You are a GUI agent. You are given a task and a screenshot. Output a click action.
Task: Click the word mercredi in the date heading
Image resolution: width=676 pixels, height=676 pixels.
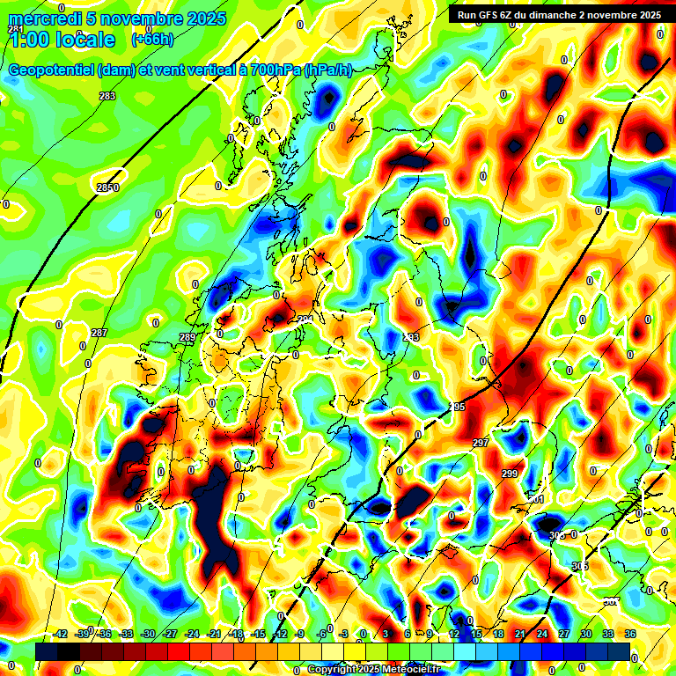(41, 18)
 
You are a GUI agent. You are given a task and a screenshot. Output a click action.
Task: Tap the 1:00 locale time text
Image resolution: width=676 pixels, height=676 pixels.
(62, 40)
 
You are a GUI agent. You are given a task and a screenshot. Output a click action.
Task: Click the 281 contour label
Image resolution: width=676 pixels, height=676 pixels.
(16, 29)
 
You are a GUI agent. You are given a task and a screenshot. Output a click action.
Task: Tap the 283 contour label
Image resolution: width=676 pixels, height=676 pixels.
(107, 96)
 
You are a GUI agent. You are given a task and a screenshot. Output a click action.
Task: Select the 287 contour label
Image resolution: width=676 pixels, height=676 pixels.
(99, 333)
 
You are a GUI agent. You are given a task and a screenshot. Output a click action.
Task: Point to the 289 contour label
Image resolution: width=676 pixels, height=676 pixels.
(187, 337)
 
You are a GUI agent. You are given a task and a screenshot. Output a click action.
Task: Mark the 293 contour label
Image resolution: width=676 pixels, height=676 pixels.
(411, 337)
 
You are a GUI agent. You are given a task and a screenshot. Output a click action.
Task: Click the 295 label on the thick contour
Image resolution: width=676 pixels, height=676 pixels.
(457, 407)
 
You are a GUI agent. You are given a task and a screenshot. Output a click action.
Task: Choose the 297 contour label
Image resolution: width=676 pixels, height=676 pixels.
(481, 442)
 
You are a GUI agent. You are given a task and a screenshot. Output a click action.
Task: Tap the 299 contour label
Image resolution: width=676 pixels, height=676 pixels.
(510, 474)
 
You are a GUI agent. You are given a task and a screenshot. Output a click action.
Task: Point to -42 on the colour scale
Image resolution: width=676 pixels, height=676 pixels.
(61, 634)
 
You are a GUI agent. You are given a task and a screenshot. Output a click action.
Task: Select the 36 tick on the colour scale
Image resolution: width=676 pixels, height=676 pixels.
(630, 634)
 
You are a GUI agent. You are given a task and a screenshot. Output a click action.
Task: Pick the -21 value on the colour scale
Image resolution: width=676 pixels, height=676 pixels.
(214, 634)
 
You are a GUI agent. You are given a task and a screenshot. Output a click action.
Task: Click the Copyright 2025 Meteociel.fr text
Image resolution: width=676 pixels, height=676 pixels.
(374, 669)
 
